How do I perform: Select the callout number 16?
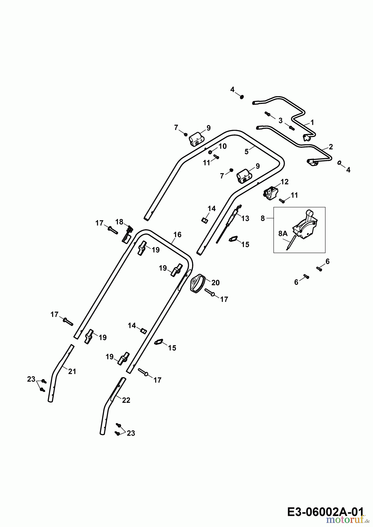tap(177, 235)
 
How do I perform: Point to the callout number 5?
tap(247, 152)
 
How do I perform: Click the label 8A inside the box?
tap(283, 234)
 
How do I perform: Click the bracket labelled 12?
tap(270, 194)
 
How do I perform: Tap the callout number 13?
tap(245, 218)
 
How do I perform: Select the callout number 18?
tap(119, 222)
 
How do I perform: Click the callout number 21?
tap(72, 372)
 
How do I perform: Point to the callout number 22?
tap(126, 400)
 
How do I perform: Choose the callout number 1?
tap(312, 122)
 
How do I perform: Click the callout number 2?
tap(331, 147)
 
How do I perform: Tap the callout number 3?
tap(280, 121)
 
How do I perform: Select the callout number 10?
tap(223, 146)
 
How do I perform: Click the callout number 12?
tap(284, 182)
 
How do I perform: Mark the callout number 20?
tap(216, 283)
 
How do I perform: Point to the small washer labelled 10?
tap(211, 152)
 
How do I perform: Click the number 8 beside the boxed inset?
tap(262, 218)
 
